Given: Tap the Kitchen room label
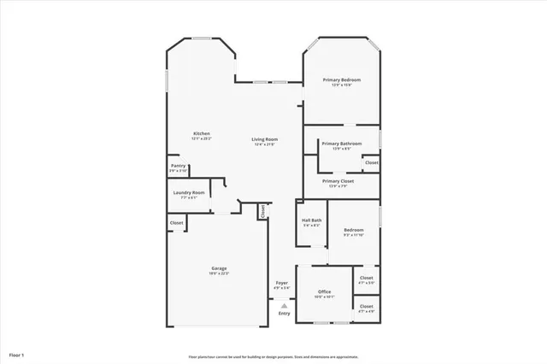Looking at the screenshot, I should [x=202, y=133].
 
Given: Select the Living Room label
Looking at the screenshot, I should [x=264, y=139].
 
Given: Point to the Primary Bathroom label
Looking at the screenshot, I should [x=341, y=144].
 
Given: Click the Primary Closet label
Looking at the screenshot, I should [x=338, y=181].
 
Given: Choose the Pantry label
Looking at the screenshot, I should [x=178, y=166].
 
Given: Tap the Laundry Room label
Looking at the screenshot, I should [x=188, y=193].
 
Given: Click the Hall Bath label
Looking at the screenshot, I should [x=311, y=220].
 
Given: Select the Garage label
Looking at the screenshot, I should [x=219, y=268].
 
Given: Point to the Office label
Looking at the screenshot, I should [x=325, y=292].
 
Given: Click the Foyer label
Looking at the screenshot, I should [x=281, y=283].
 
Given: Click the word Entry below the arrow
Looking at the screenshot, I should [x=284, y=314].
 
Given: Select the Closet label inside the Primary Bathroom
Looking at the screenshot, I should [x=371, y=162].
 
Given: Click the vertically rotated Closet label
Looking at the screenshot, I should [x=263, y=210].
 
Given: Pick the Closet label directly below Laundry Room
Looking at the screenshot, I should [x=176, y=223].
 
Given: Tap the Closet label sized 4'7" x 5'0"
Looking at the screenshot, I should [x=366, y=278].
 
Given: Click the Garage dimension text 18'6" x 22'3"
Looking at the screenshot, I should [x=219, y=273].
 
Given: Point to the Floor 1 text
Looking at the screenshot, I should [x=17, y=354].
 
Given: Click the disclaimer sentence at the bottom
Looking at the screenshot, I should [x=273, y=357].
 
